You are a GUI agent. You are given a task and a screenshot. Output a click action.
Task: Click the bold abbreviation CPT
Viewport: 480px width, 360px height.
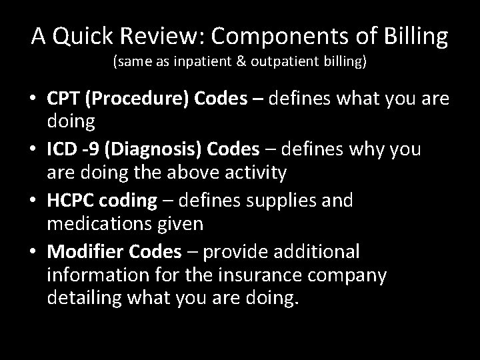click(x=65, y=99)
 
